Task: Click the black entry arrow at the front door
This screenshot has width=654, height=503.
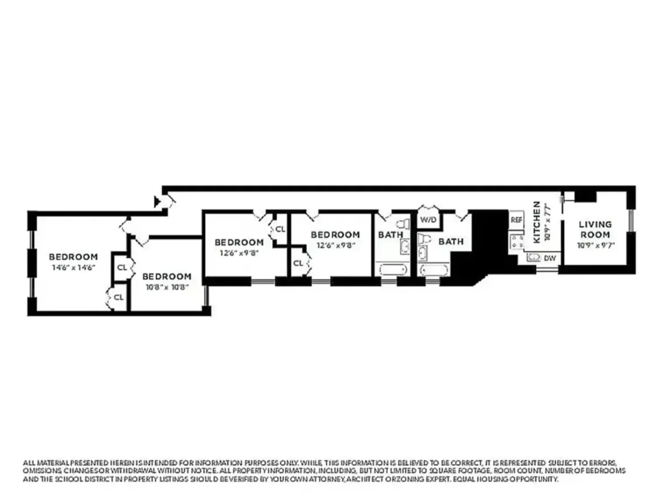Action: [x=157, y=201]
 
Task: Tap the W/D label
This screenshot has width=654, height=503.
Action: [x=428, y=219]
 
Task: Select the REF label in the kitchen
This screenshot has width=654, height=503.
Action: [x=517, y=220]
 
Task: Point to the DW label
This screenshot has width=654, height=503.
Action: [x=550, y=258]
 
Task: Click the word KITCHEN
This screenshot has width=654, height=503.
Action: [x=537, y=222]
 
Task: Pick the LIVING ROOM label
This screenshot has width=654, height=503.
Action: [x=595, y=229]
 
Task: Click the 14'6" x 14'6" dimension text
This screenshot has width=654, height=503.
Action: [x=74, y=268]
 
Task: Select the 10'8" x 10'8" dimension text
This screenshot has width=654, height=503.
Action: [x=167, y=287]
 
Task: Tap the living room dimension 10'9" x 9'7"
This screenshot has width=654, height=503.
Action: [x=595, y=245]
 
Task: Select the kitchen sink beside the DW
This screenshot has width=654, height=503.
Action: [x=534, y=258]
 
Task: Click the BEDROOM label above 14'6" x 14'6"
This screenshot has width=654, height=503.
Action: [x=74, y=257]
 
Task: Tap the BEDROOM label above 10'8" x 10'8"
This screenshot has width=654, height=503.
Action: [x=167, y=276]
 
